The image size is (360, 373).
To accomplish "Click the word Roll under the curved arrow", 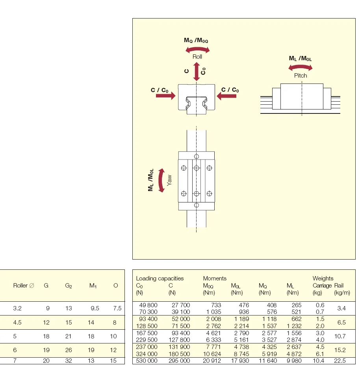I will (x=197, y=57).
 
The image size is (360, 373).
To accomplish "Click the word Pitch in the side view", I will (x=301, y=75).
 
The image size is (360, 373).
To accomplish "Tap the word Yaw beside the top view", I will (x=170, y=180).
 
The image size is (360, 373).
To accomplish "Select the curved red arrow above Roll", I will (x=197, y=49).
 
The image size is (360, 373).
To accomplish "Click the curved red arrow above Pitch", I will (x=301, y=68).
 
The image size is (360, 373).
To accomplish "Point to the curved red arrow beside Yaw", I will (x=161, y=180).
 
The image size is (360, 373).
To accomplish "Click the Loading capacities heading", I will (x=160, y=278).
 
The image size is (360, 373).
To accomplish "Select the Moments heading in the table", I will (x=215, y=278).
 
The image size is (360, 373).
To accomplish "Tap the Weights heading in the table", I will (x=323, y=278).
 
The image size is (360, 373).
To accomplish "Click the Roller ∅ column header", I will (x=20, y=286).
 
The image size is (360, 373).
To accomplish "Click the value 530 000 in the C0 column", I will (x=147, y=361).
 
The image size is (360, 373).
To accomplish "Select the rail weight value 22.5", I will (x=341, y=361).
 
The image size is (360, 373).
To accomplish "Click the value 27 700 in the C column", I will (x=181, y=305).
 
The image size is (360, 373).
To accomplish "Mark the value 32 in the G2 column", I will (x=69, y=361).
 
